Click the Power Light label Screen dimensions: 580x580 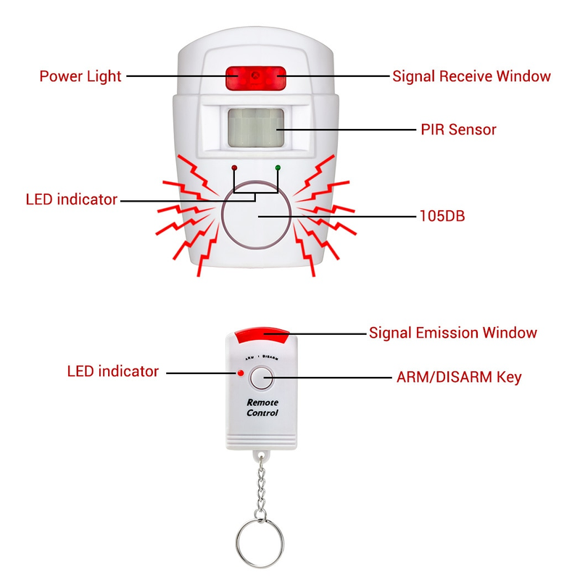click(80, 76)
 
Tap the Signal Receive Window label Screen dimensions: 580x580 click(471, 76)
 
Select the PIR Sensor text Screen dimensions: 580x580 click(458, 130)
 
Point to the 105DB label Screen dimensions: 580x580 click(446, 216)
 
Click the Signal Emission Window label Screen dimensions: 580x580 click(453, 333)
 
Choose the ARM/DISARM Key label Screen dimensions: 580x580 click(458, 377)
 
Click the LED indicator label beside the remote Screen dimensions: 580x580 click(112, 371)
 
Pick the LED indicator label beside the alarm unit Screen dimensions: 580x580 click(71, 199)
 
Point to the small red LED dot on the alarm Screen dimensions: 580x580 click(234, 167)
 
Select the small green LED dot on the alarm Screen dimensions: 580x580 click(278, 167)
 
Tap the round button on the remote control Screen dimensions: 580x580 click(261, 378)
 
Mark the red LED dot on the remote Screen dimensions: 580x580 click(240, 373)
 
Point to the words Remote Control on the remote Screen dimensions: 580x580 click(262, 407)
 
